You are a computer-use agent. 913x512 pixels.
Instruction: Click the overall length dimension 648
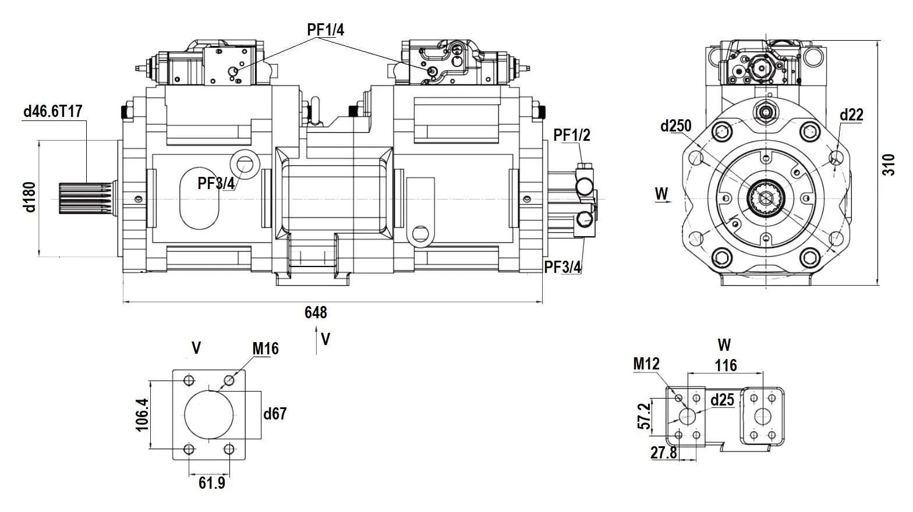point(316,312)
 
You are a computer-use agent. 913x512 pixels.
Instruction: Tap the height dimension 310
point(887,165)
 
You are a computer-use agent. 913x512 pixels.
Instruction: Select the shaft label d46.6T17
point(52,111)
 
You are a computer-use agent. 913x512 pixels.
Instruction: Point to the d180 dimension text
point(30,197)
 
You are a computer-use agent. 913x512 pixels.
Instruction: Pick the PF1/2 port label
point(571,135)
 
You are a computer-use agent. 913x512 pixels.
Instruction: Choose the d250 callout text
point(675,126)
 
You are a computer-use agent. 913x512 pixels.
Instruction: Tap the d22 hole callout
point(851,115)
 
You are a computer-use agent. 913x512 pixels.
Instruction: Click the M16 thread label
point(265,349)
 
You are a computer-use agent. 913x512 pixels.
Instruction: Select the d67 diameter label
point(275,414)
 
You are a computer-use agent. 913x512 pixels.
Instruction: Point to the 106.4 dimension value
point(142,414)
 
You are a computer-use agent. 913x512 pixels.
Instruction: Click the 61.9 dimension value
point(211,483)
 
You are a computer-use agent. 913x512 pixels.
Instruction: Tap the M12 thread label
point(646,364)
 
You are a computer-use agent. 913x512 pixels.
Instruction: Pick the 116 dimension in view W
point(726,365)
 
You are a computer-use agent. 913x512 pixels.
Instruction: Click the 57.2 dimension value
point(643,416)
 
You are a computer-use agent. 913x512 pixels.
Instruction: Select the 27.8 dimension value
point(664,453)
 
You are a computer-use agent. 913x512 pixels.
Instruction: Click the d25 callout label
point(723,400)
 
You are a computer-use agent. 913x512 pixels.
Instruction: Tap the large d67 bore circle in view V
point(209,414)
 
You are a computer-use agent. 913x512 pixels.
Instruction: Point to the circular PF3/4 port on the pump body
point(244,165)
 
